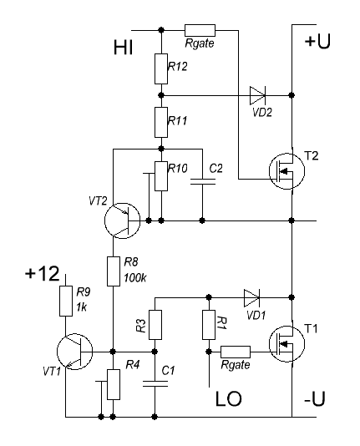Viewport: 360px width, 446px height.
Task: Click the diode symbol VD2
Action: tap(257, 95)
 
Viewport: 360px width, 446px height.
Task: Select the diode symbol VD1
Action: tap(252, 298)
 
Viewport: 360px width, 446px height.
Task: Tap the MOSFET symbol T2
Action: tap(286, 171)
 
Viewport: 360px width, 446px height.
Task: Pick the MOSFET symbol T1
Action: tap(286, 344)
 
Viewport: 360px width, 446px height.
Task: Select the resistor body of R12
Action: tap(161, 68)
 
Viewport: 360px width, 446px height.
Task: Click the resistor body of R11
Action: tap(161, 122)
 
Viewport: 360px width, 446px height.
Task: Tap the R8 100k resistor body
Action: tap(113, 271)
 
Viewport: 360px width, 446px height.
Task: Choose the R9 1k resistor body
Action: tap(66, 302)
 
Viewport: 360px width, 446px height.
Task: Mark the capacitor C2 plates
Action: tap(202, 182)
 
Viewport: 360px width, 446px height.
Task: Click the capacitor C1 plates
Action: tap(155, 383)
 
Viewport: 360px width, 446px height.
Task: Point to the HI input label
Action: tap(123, 48)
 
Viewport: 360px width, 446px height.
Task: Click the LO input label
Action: tap(228, 398)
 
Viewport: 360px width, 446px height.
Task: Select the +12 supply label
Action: tap(43, 273)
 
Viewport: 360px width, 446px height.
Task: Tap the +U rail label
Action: tap(317, 42)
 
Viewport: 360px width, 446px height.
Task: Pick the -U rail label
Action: tap(314, 398)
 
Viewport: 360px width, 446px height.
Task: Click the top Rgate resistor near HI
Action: tap(200, 30)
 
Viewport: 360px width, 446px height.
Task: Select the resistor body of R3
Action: tap(155, 325)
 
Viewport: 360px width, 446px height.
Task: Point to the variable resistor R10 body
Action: tap(161, 175)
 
